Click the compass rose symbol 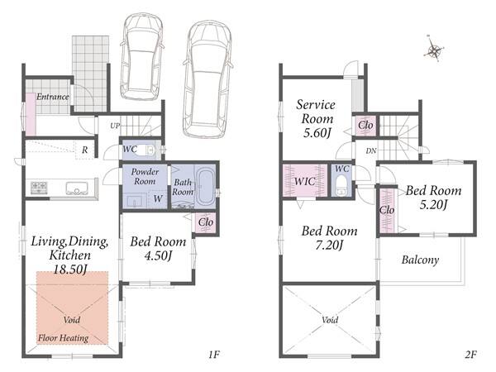435,50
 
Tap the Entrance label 53,97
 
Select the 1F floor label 214,355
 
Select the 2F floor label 470,355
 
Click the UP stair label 115,126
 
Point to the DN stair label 371,151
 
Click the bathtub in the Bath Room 205,188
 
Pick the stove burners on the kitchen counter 39,188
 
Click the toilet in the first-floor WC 146,150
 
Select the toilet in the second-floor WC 341,184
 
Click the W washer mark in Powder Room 158,198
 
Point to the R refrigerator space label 85,150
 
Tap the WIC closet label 304,181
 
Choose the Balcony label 421,260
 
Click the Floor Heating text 64,338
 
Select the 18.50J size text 70,269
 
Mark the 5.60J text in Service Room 317,132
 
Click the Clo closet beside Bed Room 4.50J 206,222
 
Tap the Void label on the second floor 330,320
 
